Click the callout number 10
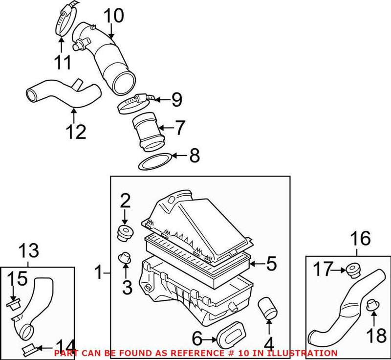click(113, 17)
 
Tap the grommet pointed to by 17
click(351, 269)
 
